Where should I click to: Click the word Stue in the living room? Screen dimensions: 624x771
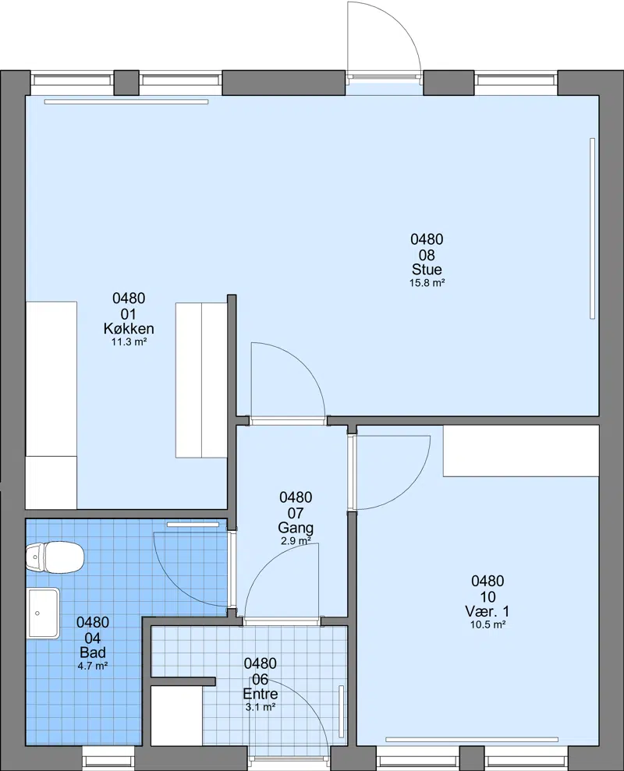[x=427, y=270]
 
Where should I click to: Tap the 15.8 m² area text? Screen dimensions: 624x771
[x=427, y=283]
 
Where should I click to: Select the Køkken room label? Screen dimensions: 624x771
[x=129, y=328]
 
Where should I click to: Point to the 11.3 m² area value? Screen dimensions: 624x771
[x=129, y=342]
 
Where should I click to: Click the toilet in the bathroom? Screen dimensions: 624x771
[x=55, y=557]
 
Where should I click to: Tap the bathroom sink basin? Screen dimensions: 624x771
[x=44, y=614]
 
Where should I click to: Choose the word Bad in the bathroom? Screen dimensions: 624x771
[x=93, y=653]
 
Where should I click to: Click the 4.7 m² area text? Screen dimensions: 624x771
[x=93, y=667]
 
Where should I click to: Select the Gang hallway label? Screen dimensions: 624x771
[x=296, y=528]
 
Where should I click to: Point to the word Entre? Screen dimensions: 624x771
[x=261, y=694]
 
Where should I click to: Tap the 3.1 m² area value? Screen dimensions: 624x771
[x=261, y=707]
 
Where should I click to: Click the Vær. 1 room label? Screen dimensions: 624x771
[x=487, y=611]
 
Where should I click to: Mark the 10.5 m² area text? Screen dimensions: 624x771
[x=487, y=625]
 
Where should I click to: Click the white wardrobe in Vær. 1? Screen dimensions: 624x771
[x=521, y=451]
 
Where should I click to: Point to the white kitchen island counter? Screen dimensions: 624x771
[x=201, y=380]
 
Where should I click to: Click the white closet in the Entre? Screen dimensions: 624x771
[x=176, y=716]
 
